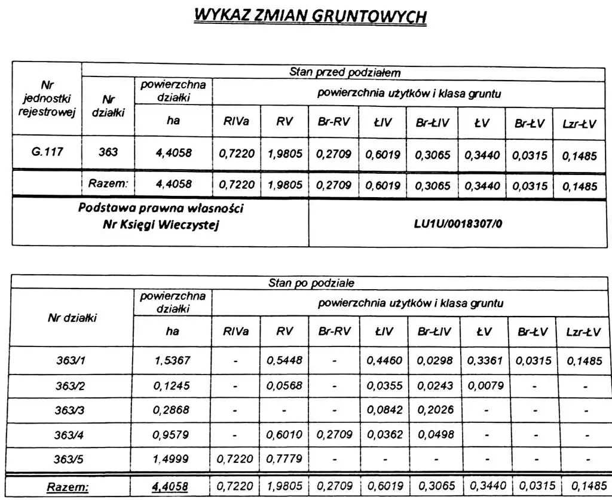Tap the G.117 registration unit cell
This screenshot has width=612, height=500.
tap(47, 152)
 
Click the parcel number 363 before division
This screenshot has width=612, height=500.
tap(108, 152)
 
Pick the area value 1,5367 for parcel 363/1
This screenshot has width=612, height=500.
tap(172, 360)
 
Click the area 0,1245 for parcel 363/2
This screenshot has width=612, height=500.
tap(172, 385)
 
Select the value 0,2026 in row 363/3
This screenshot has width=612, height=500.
tap(436, 410)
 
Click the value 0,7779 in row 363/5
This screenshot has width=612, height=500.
tap(285, 460)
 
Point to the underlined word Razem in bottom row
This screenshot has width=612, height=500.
tap(68, 487)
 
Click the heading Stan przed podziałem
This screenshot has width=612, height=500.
tap(345, 73)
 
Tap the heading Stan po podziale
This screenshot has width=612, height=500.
tap(311, 283)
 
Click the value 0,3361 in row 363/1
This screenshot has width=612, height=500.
tap(484, 360)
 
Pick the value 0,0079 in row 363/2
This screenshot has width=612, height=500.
tap(484, 385)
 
